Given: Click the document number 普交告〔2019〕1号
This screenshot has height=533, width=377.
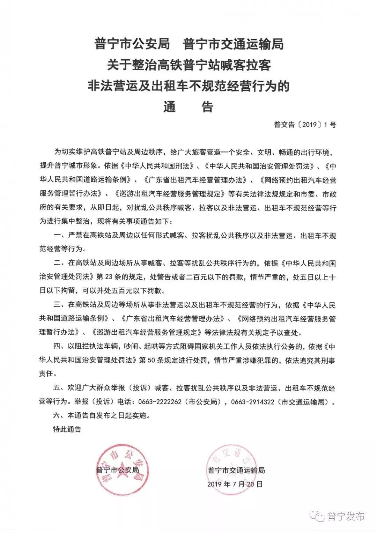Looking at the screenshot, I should click(305, 124).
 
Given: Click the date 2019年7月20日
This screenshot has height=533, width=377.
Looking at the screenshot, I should click(235, 484).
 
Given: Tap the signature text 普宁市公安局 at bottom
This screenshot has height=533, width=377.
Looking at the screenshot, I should click(118, 470).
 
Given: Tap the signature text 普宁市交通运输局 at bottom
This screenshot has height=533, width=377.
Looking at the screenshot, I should click(236, 470).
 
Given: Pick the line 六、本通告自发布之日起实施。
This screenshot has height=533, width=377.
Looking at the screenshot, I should click(101, 416).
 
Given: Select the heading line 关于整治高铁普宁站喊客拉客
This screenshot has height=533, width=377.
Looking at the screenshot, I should click(188, 65).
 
